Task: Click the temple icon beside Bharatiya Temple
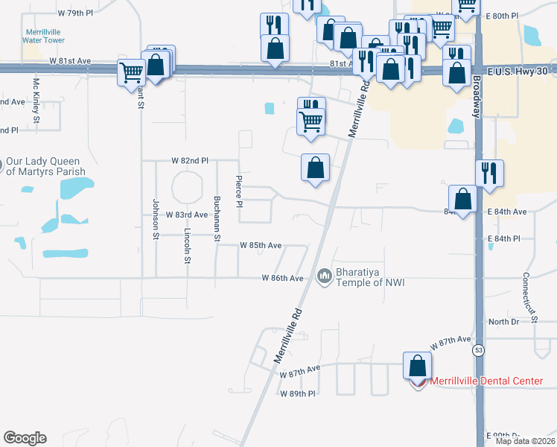point(324,276)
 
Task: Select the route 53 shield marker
point(476,349)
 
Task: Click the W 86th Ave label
point(283,278)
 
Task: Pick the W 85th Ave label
point(261,245)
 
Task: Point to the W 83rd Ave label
point(186,215)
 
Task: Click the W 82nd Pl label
point(190,160)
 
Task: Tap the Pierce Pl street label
point(239,191)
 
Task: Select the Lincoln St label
point(187,246)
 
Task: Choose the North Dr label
point(503,321)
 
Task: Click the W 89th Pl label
point(299,393)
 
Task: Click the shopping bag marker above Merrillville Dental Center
point(417,366)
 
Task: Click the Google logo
point(25,438)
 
